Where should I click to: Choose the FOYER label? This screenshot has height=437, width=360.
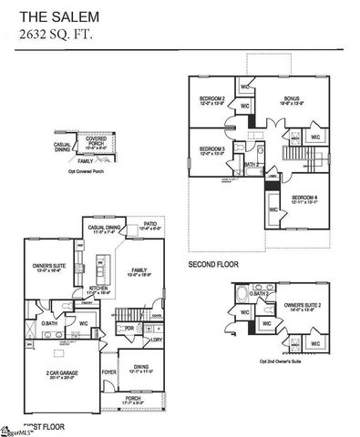(x=108, y=371)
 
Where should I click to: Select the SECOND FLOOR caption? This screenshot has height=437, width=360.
(x=213, y=265)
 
